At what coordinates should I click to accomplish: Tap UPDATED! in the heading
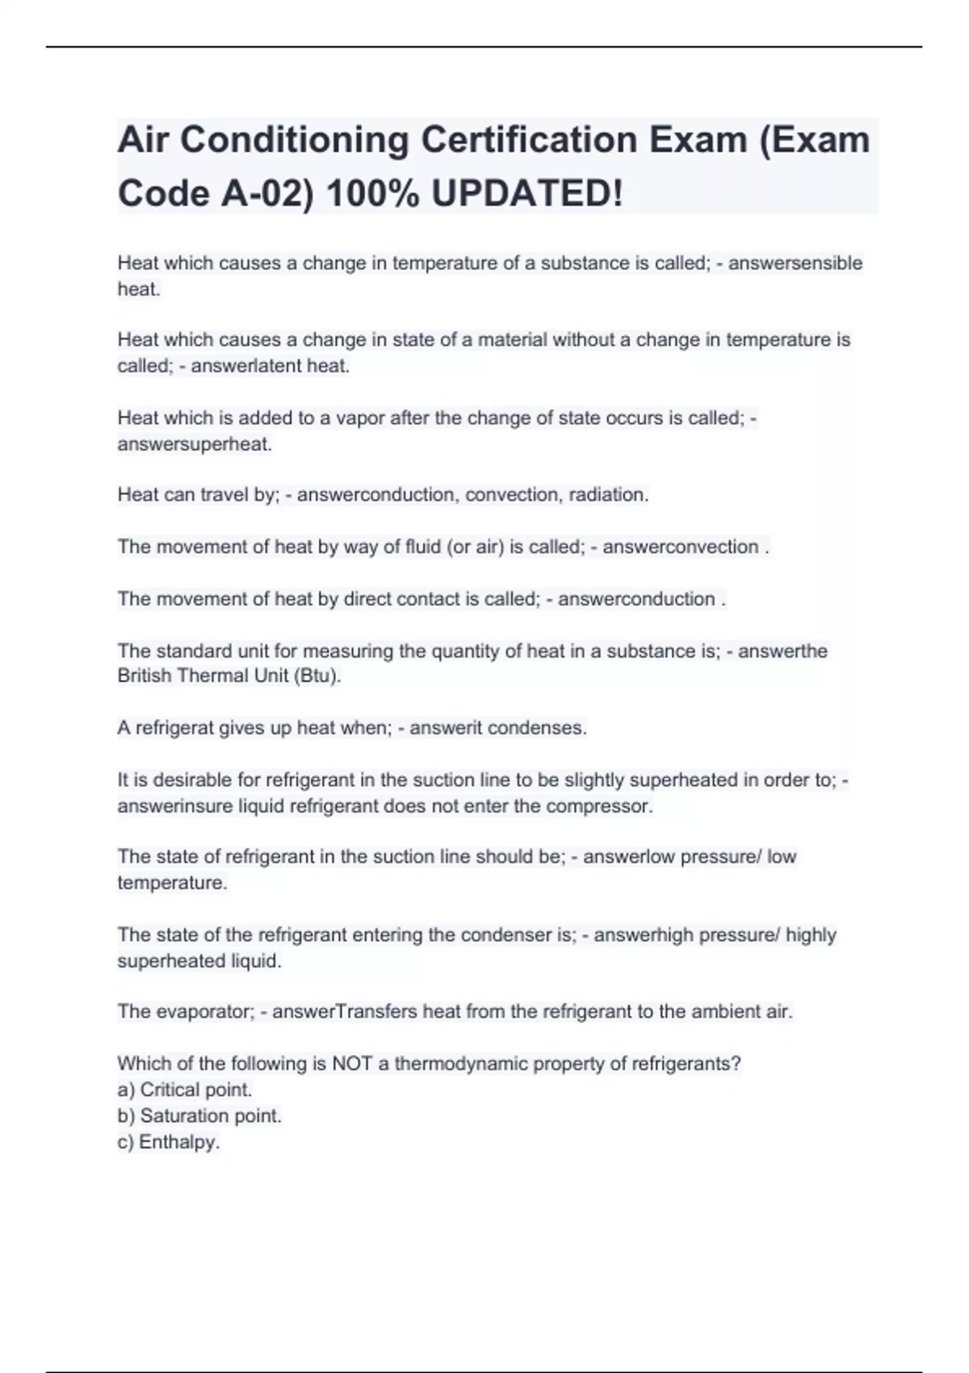[x=527, y=193]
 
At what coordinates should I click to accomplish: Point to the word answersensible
[x=795, y=263]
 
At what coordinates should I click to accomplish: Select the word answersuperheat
[x=195, y=444]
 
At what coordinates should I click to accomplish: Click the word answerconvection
[x=680, y=547]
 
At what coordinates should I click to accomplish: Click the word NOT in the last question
[x=351, y=1064]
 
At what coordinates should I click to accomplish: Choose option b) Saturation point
[x=199, y=1116]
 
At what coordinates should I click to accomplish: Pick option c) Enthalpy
[x=169, y=1142]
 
